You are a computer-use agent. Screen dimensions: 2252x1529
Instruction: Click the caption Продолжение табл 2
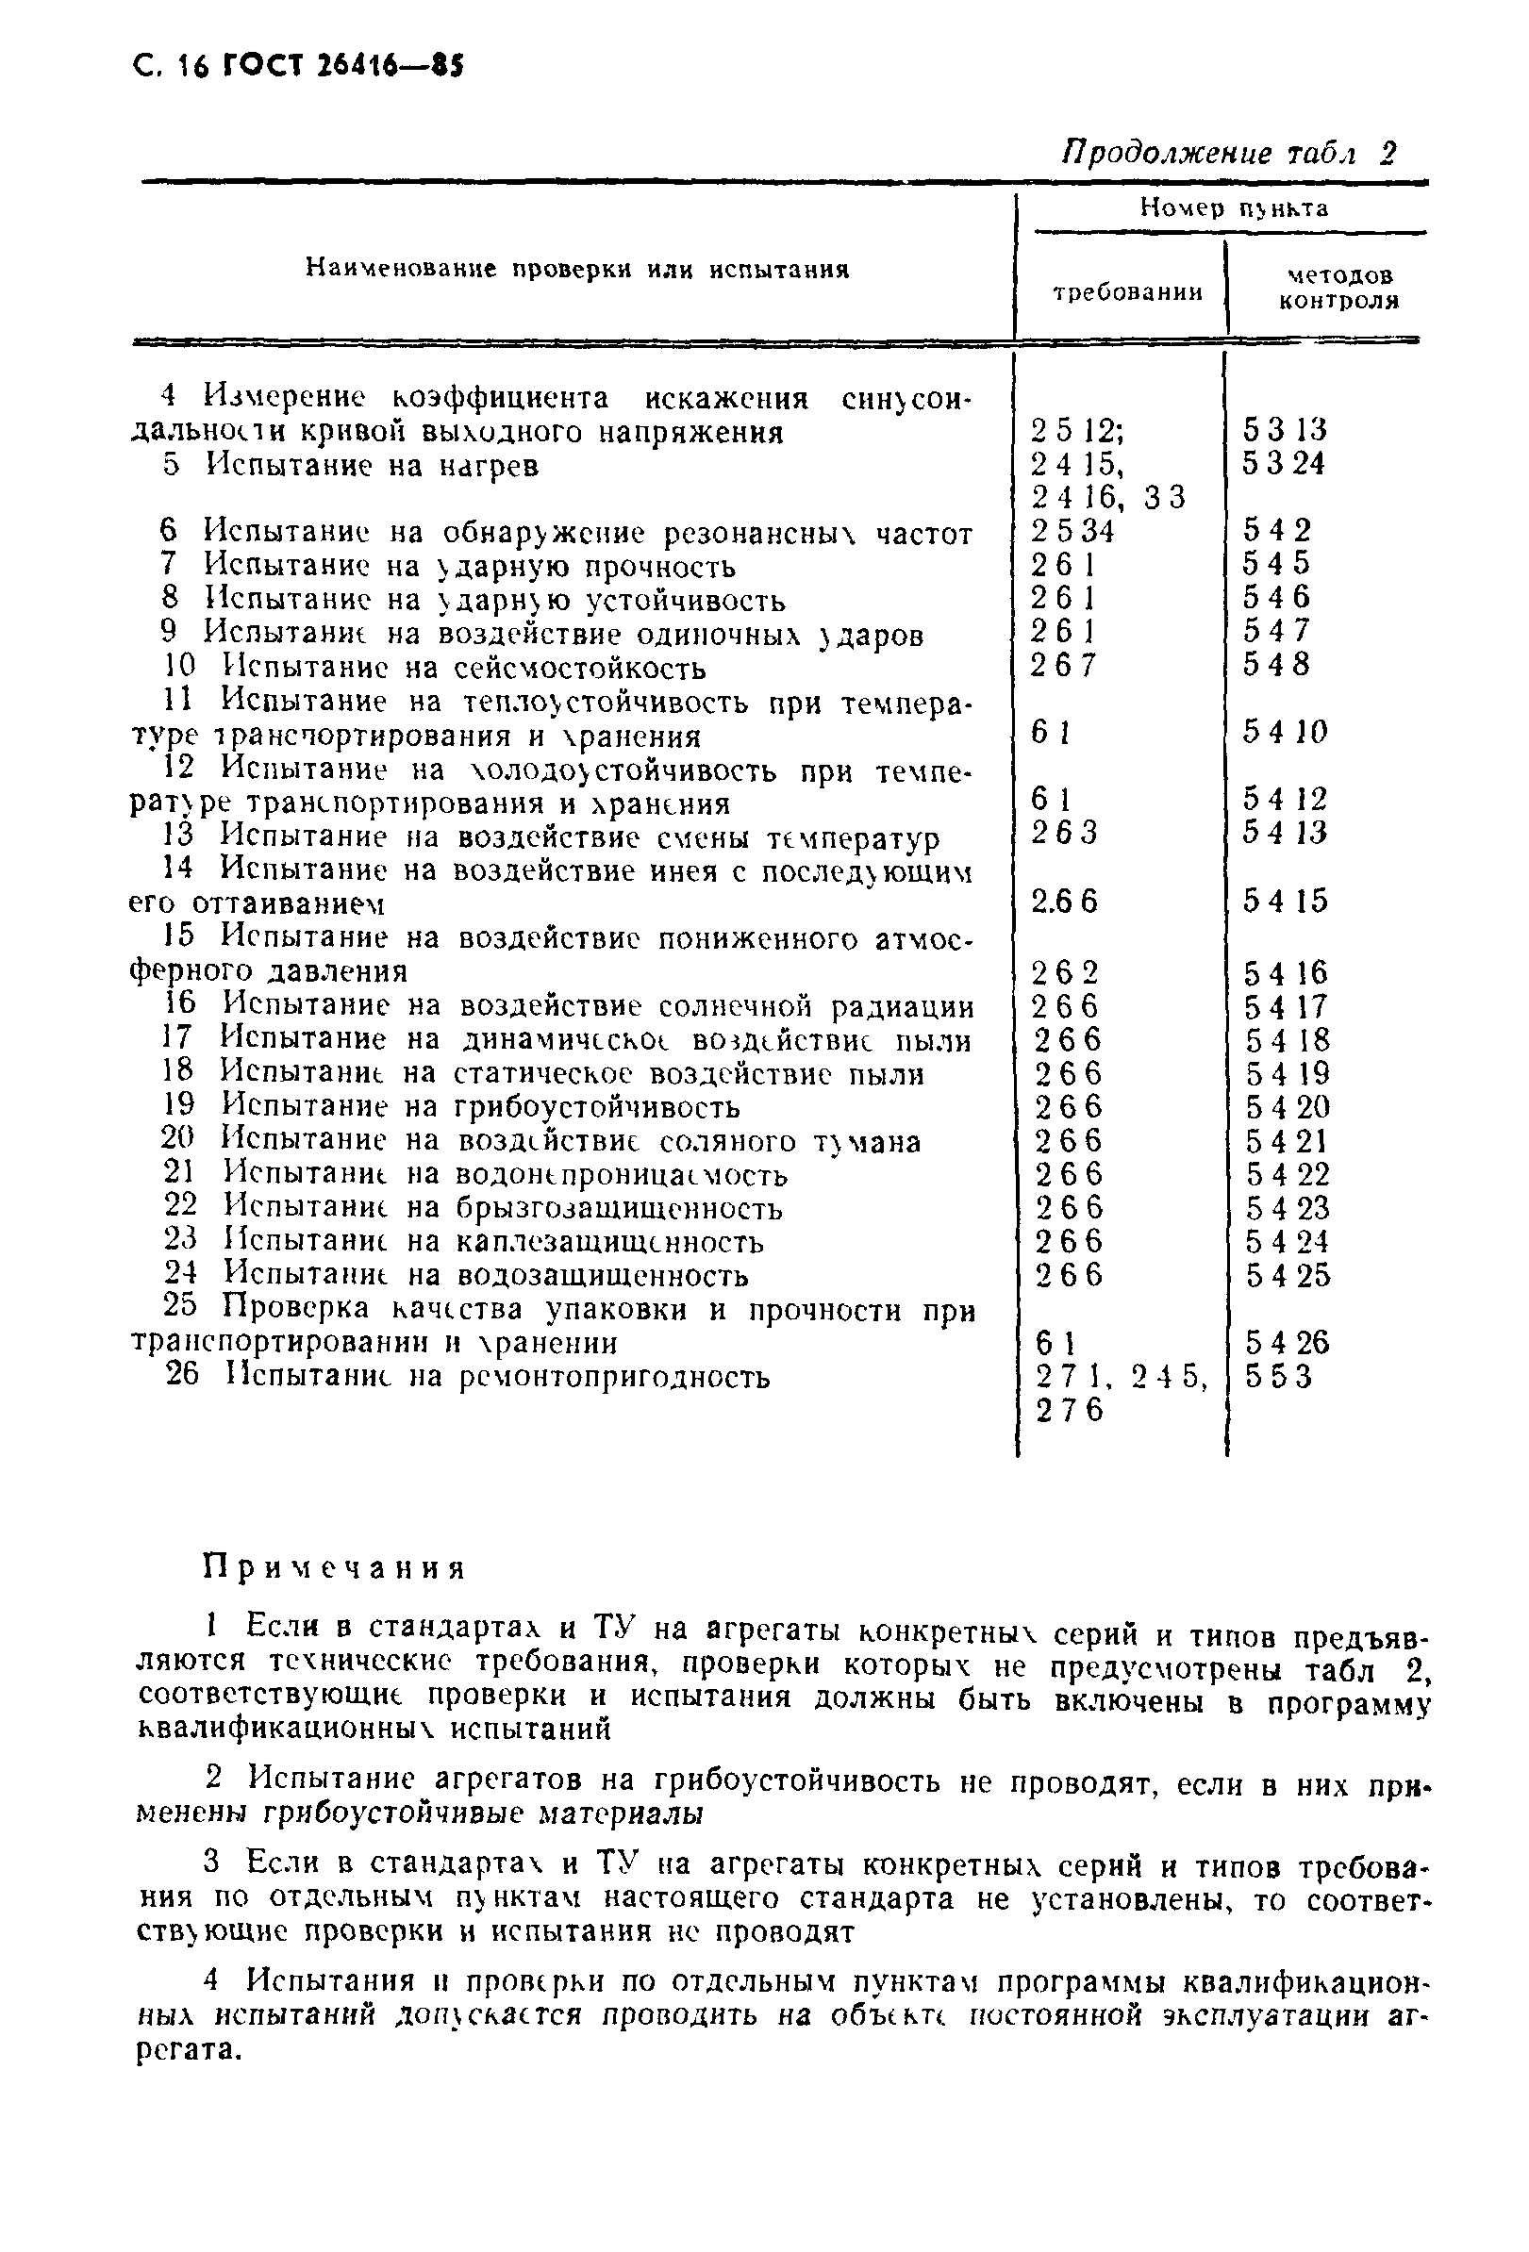[x=1229, y=153]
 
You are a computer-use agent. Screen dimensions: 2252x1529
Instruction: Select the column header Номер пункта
[x=1233, y=207]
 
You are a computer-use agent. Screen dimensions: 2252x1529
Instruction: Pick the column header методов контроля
[x=1339, y=288]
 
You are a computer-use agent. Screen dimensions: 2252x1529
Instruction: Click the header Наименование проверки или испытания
[x=577, y=270]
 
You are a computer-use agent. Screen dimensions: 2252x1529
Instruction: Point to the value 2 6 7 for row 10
[x=1063, y=665]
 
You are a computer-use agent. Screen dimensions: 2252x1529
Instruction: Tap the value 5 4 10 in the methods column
[x=1285, y=732]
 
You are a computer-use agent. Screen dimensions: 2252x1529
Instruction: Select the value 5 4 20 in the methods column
[x=1288, y=1106]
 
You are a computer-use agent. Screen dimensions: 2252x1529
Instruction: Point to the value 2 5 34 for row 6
[x=1072, y=531]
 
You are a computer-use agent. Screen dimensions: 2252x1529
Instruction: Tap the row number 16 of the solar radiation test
[x=179, y=1005]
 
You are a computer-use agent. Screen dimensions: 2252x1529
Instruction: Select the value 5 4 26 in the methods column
[x=1288, y=1343]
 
